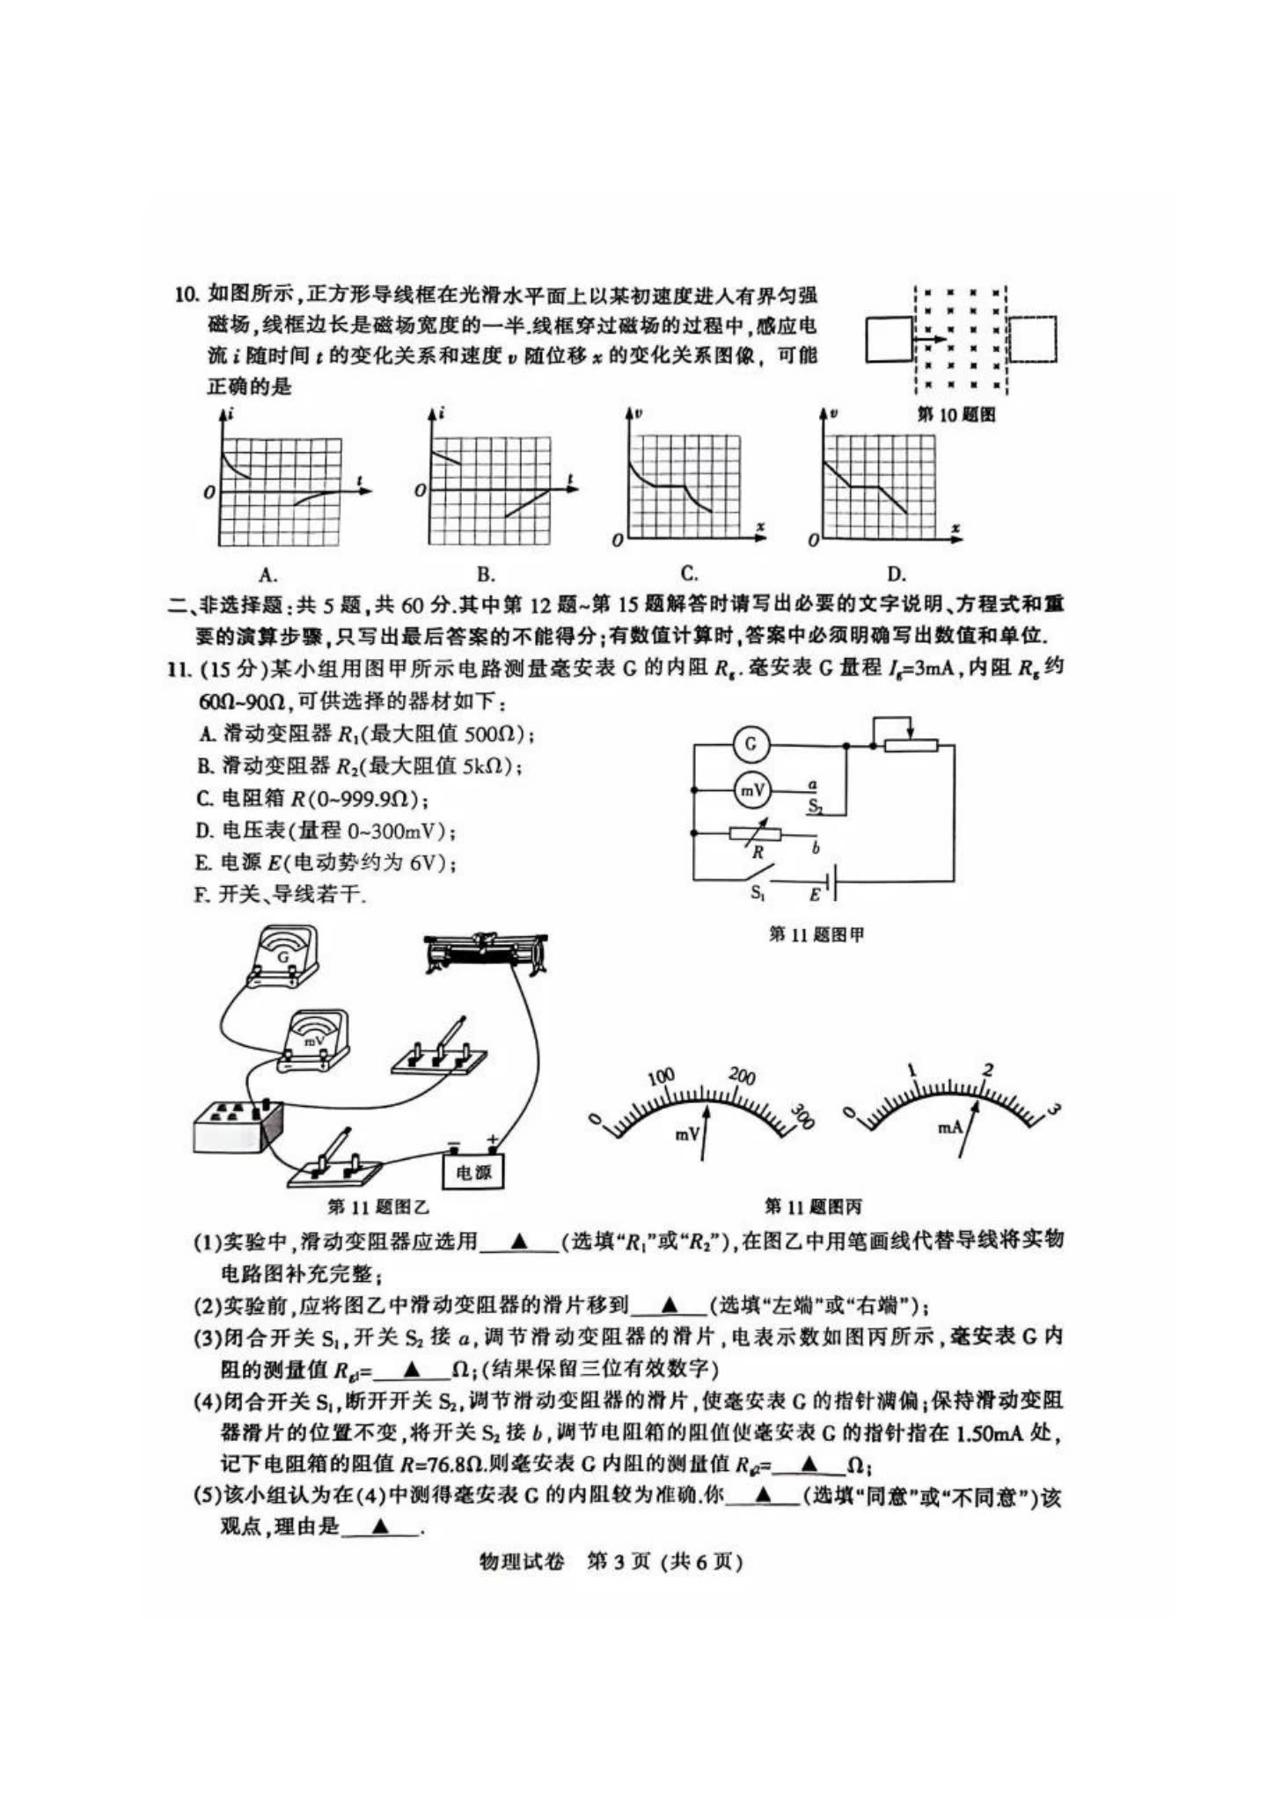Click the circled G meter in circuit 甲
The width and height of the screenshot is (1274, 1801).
click(x=750, y=744)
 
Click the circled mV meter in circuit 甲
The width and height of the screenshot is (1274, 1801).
click(x=751, y=791)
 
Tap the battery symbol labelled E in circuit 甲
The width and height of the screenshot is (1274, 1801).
click(x=828, y=881)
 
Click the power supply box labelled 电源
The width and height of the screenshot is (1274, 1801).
click(x=473, y=1171)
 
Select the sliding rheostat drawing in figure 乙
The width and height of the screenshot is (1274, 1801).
click(x=485, y=953)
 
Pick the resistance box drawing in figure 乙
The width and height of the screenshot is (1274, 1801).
click(x=238, y=1126)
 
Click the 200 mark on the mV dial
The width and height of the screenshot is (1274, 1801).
click(x=743, y=1076)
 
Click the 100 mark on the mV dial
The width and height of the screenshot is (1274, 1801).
click(x=661, y=1076)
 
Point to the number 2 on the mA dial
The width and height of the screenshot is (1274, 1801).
click(x=988, y=1070)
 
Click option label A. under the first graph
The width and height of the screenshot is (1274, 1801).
click(x=268, y=575)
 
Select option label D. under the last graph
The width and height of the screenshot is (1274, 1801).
click(x=896, y=575)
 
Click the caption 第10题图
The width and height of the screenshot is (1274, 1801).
click(x=956, y=414)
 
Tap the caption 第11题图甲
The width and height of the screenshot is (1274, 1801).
click(x=816, y=934)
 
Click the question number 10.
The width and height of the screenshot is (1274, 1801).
click(x=187, y=295)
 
